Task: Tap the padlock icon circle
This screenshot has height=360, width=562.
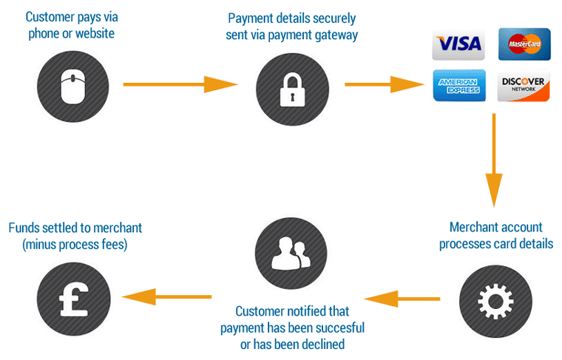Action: pyautogui.click(x=291, y=86)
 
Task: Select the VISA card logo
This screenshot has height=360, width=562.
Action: pyautogui.click(x=458, y=44)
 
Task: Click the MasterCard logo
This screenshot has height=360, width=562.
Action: pyautogui.click(x=524, y=44)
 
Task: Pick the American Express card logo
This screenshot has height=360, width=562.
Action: pyautogui.click(x=458, y=85)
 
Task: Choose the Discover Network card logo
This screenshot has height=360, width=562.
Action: pyautogui.click(x=524, y=85)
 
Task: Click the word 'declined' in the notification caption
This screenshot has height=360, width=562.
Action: pyautogui.click(x=324, y=344)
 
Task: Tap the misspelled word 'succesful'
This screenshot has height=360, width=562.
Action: pyautogui.click(x=339, y=327)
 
